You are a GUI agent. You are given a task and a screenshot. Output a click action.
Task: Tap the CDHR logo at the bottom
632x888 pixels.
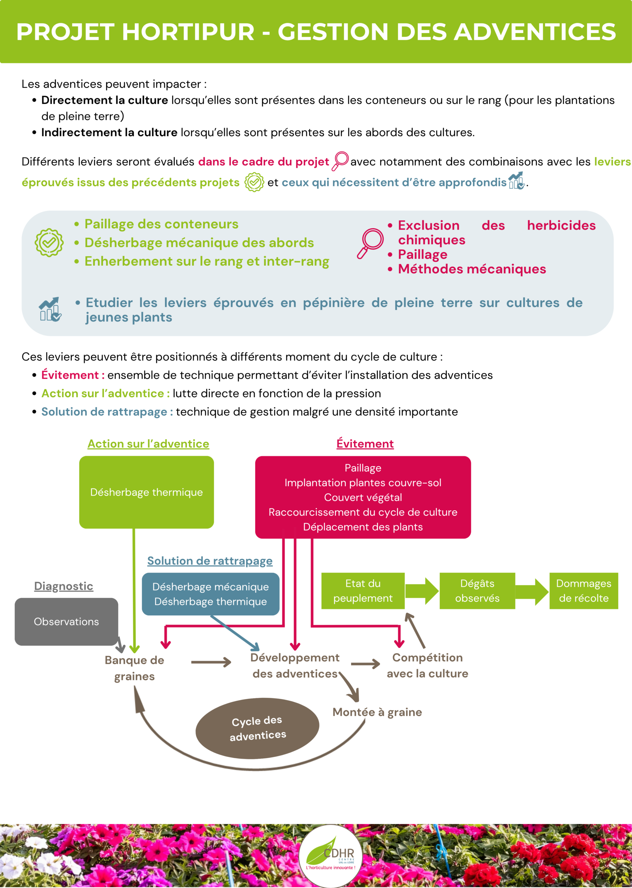331,856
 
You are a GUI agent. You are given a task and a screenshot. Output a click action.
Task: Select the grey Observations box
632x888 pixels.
67,622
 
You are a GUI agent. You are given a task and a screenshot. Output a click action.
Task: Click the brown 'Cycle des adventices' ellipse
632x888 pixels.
257,728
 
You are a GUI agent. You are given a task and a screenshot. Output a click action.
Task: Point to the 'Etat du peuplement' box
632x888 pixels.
363,591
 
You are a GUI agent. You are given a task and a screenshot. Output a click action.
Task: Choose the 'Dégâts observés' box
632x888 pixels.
477,591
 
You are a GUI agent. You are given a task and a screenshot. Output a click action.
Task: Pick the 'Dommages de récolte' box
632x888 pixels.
584,591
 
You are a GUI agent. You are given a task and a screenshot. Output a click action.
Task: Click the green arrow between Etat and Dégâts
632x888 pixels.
422,591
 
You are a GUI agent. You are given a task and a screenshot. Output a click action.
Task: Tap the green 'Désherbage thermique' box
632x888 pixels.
146,492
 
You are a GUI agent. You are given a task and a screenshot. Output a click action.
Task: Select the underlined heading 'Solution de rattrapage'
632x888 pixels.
210,561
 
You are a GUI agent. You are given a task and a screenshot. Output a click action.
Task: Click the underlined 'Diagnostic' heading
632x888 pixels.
64,586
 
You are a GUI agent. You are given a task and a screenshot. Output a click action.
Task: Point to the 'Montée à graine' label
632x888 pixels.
377,712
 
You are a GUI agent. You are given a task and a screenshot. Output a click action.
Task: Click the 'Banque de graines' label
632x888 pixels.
134,668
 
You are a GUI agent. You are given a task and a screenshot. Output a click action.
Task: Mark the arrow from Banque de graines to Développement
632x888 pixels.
211,662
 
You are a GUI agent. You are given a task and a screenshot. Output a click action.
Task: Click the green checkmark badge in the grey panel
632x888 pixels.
49,242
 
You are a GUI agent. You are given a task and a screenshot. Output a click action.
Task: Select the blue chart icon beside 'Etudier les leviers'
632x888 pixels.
50,309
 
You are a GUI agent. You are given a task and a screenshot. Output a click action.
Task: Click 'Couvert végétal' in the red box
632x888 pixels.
363,497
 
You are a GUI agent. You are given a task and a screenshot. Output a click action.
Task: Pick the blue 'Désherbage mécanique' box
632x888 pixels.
211,594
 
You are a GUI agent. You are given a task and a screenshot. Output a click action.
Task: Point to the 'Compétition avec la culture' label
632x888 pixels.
427,665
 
